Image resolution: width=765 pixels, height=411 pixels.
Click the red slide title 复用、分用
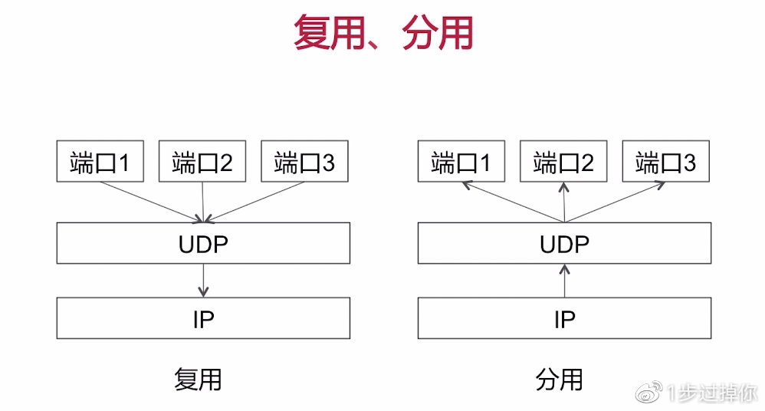(x=382, y=34)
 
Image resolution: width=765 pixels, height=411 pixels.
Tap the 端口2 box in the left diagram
(x=202, y=161)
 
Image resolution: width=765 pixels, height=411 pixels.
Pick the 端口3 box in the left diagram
(x=304, y=161)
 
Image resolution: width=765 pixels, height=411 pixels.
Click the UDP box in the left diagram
(x=203, y=243)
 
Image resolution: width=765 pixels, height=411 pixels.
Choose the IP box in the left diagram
(x=203, y=318)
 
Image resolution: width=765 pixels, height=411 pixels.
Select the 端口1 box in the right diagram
(x=461, y=161)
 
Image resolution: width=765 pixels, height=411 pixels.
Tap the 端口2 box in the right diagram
(x=563, y=161)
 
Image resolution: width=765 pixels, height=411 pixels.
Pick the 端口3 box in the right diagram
(x=665, y=161)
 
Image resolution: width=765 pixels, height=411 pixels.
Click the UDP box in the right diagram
(x=564, y=243)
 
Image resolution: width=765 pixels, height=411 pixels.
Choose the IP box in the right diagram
(x=564, y=318)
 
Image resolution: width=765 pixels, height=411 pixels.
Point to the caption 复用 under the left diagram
(x=198, y=380)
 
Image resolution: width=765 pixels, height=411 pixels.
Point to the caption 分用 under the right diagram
(x=559, y=380)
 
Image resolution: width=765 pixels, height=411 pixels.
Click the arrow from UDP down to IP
(x=203, y=281)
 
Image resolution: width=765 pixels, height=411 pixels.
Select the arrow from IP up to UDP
(x=564, y=281)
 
